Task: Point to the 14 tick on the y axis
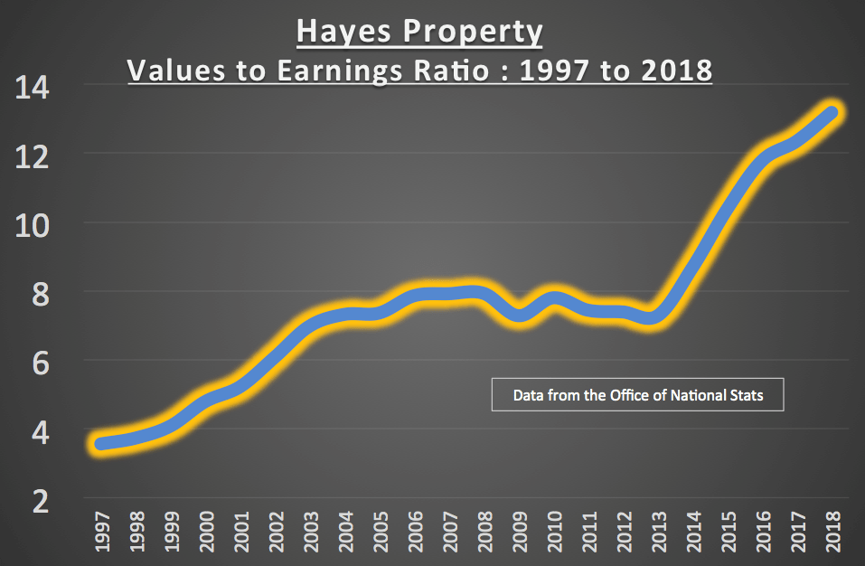(x=32, y=88)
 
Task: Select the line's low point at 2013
(x=657, y=317)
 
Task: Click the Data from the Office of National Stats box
(x=637, y=395)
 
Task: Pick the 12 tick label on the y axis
(x=32, y=156)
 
